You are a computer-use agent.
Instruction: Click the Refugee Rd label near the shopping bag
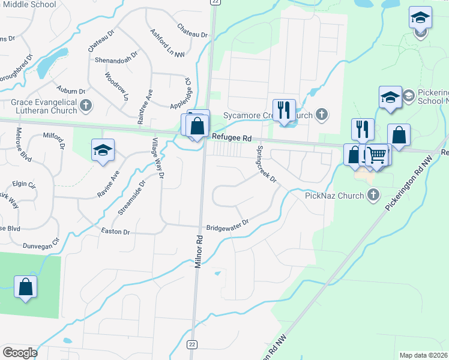tap(231, 137)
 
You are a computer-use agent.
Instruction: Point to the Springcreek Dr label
tap(266, 164)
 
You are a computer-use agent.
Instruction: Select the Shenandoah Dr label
tap(116, 60)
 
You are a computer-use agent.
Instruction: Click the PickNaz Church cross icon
tap(374, 195)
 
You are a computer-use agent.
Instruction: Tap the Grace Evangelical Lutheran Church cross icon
tap(85, 106)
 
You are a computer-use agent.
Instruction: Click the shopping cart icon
tap(377, 155)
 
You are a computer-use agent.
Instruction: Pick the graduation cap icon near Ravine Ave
tap(103, 150)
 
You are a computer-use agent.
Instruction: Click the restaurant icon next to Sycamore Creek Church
tap(284, 110)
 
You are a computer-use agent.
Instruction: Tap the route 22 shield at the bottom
tap(191, 344)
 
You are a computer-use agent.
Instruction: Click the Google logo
tap(20, 353)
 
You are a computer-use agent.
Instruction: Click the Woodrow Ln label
tap(118, 86)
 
